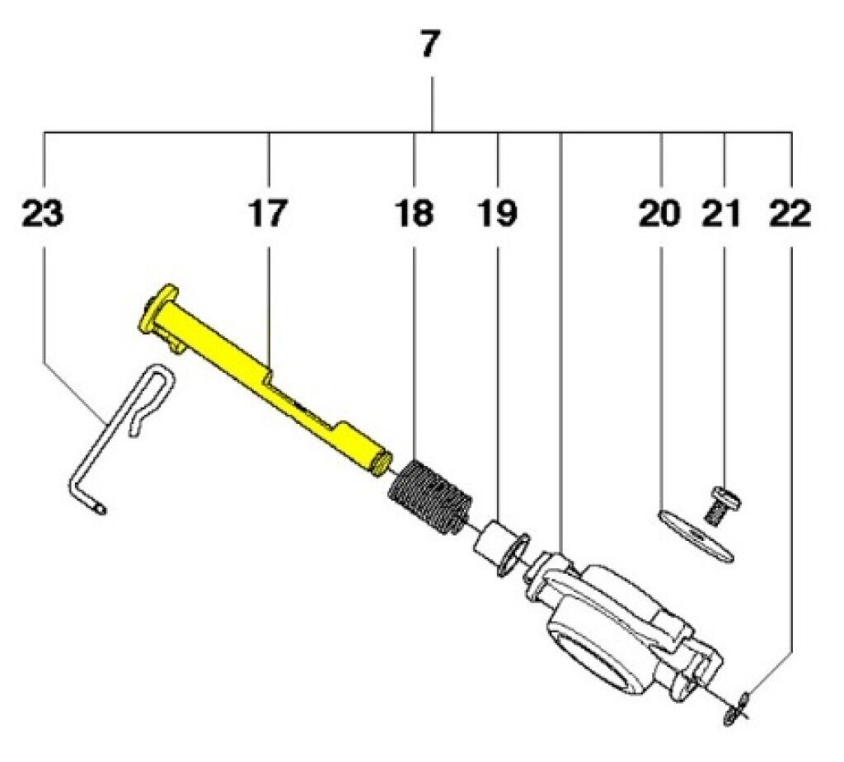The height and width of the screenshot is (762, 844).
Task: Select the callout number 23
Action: pos(43,214)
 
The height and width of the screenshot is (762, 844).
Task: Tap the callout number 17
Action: pos(268,214)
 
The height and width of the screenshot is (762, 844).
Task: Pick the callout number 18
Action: pos(414,214)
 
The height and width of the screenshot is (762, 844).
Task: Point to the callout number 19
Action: pos(497,214)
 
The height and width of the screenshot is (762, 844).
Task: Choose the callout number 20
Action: pos(659,214)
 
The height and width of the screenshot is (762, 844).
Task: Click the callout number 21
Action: pos(721,214)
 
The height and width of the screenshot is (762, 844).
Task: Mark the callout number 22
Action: pos(790,214)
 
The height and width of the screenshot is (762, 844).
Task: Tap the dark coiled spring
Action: pos(430,496)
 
